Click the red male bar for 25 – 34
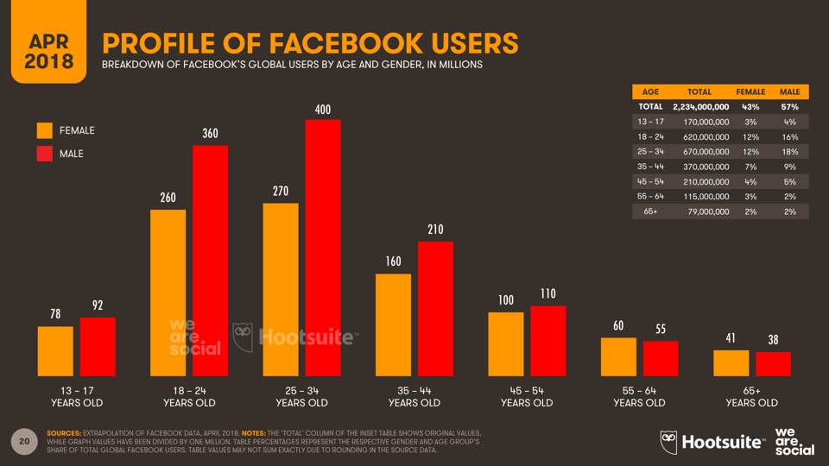[x=324, y=248]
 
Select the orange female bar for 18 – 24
[x=168, y=293]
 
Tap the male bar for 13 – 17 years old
[x=98, y=347]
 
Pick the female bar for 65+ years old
[x=731, y=363]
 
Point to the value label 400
[x=324, y=110]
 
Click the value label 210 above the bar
[x=435, y=230]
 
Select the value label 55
[x=661, y=330]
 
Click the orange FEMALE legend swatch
[x=45, y=131]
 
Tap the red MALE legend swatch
[x=45, y=154]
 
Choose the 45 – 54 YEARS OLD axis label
[x=527, y=396]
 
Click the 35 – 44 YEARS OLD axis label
[x=414, y=396]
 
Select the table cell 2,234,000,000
[x=700, y=106]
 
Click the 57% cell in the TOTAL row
[x=789, y=106]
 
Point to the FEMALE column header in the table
[x=750, y=91]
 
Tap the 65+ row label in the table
[x=649, y=212]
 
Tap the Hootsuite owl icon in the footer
[x=668, y=440]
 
